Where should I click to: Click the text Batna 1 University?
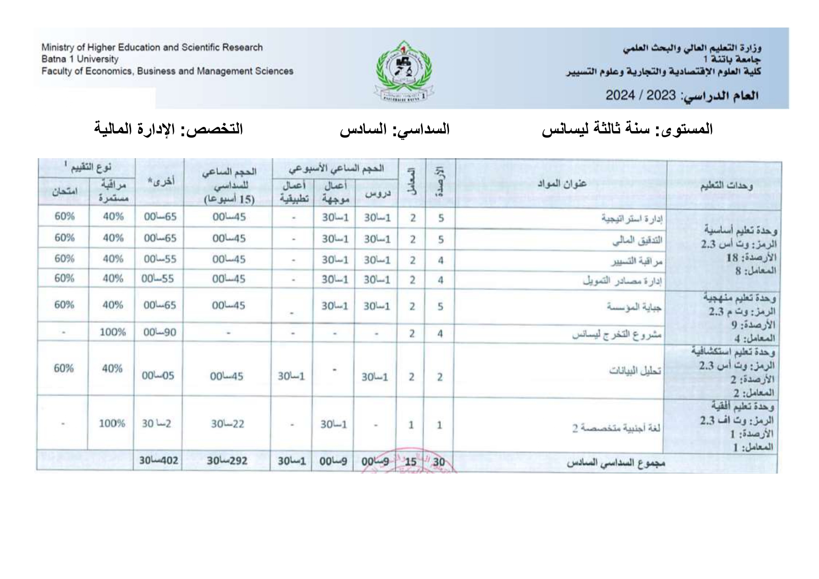pyautogui.click(x=80, y=59)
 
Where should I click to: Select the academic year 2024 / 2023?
pyautogui.click(x=640, y=96)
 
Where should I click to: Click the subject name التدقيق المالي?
pyautogui.click(x=637, y=241)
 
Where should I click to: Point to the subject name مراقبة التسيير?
pyautogui.click(x=637, y=262)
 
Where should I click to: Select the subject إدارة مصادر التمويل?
pyautogui.click(x=623, y=281)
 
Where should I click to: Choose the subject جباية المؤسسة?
pyautogui.click(x=635, y=307)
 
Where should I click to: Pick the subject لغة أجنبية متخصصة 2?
pyautogui.click(x=616, y=427)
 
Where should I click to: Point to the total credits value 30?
pyautogui.click(x=439, y=462)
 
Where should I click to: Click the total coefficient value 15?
pyautogui.click(x=411, y=462)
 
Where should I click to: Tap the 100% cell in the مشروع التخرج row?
pyautogui.click(x=112, y=332)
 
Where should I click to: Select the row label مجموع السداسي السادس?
pyautogui.click(x=616, y=463)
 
